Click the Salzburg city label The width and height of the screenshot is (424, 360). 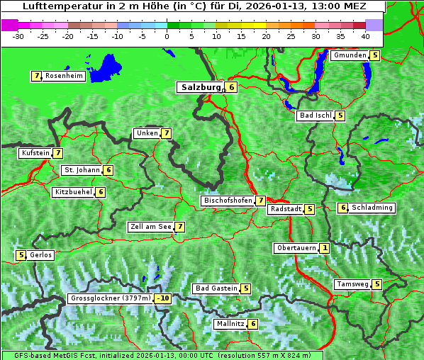tap(201, 87)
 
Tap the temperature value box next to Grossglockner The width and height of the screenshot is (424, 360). tap(163, 298)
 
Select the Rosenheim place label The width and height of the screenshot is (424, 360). tap(64, 76)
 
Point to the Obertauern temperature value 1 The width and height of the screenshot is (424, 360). tap(324, 248)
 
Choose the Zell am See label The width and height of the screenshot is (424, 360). tap(151, 227)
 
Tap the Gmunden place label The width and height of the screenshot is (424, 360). tap(350, 55)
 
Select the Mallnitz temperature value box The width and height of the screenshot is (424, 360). tap(253, 324)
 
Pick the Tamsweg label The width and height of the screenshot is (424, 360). tap(352, 284)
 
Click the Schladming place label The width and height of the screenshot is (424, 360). tap(373, 208)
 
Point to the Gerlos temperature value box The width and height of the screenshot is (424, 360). tap(21, 255)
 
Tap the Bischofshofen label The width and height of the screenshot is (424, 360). tap(228, 201)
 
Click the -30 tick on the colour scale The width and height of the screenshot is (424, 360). tap(18, 35)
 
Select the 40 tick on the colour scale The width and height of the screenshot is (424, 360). tap(365, 35)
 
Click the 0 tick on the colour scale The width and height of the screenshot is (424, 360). tap(167, 35)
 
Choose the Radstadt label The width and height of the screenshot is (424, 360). tap(285, 209)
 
